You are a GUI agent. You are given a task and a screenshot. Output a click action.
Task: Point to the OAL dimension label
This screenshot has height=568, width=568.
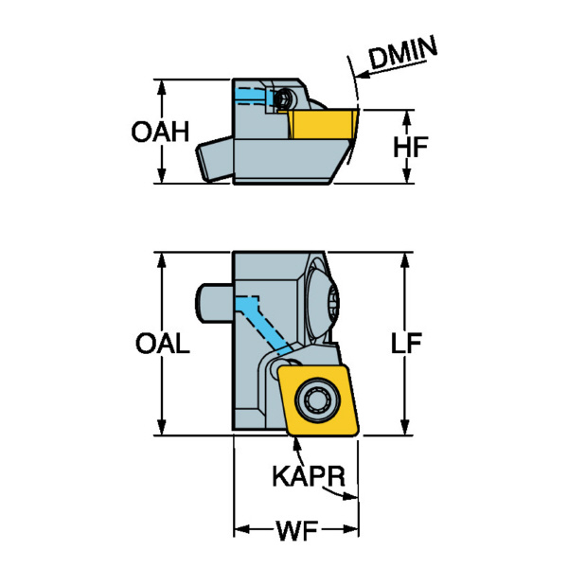(163, 344)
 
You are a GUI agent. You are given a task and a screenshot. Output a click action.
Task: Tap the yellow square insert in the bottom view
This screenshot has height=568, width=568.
(316, 399)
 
